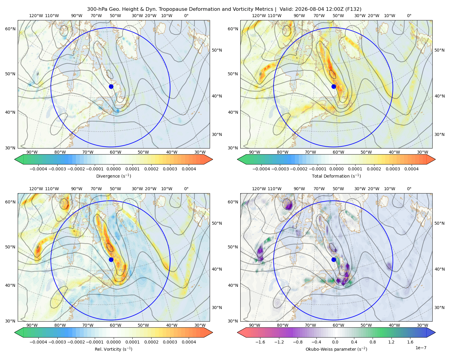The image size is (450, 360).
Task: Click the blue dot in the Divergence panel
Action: [x=111, y=86]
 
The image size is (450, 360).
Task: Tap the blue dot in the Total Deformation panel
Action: [x=334, y=86]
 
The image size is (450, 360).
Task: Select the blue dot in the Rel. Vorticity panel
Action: [x=111, y=259]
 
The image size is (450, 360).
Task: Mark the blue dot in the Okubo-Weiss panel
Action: [x=334, y=259]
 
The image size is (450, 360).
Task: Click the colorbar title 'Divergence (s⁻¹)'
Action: [x=113, y=176]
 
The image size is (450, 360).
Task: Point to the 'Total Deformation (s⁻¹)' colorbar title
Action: [x=336, y=176]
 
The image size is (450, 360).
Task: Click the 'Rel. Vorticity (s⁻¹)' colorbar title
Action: [x=113, y=349]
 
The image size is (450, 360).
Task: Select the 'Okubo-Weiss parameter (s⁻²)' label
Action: [x=336, y=349]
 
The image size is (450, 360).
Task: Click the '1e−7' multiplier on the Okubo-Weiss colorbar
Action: [x=421, y=348]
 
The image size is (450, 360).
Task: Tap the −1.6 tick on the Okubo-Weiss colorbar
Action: [x=260, y=342]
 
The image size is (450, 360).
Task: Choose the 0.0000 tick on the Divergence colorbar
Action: [x=113, y=169]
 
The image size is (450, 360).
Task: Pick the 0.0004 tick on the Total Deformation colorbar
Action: [x=411, y=169]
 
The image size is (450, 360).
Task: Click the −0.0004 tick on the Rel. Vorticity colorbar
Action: [x=38, y=342]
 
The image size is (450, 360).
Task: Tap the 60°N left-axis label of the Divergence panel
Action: [x=10, y=29]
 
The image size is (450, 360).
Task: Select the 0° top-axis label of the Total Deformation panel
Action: [x=409, y=16]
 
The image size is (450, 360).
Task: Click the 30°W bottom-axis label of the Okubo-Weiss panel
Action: [x=422, y=325]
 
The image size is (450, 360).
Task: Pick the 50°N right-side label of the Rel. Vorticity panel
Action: [x=217, y=223]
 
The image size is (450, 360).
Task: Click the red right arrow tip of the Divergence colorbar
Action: [x=212, y=159]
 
